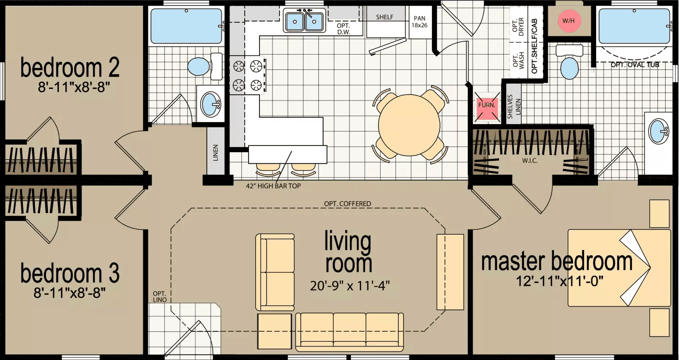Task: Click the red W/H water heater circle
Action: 568,21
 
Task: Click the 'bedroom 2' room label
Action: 69,68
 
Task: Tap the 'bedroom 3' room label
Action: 69,273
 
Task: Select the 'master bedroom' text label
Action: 556,261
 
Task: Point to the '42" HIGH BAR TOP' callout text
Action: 273,186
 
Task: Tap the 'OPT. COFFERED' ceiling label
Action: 347,203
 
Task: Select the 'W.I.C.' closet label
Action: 530,160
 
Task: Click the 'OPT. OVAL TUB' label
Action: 634,65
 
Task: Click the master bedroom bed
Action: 619,268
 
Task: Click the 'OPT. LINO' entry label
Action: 159,296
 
